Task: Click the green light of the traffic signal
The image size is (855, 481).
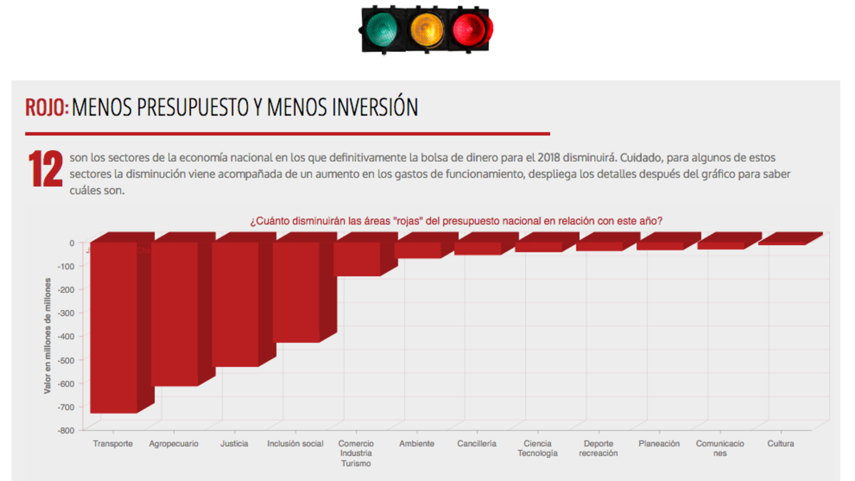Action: pyautogui.click(x=383, y=29)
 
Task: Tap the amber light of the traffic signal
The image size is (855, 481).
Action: pyautogui.click(x=426, y=29)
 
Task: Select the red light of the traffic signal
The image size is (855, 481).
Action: pyautogui.click(x=470, y=29)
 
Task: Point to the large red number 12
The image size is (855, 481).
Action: pyautogui.click(x=45, y=170)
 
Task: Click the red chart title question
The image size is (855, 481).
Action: pyautogui.click(x=456, y=220)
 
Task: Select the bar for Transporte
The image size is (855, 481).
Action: pyautogui.click(x=113, y=327)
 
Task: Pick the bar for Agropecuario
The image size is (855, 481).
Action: pyautogui.click(x=175, y=314)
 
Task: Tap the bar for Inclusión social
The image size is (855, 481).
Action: pyautogui.click(x=296, y=292)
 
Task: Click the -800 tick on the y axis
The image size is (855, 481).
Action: pyautogui.click(x=66, y=430)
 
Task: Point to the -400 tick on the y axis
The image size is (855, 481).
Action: pyautogui.click(x=66, y=336)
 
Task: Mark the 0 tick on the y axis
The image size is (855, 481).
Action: pyautogui.click(x=71, y=243)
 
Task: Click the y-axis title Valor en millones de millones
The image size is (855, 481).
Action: pyautogui.click(x=48, y=335)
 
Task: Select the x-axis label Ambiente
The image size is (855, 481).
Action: pyautogui.click(x=417, y=443)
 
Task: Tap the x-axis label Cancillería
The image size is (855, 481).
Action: pyautogui.click(x=477, y=443)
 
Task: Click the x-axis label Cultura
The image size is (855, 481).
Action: pyautogui.click(x=781, y=443)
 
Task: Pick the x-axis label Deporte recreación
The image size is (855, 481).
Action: pyautogui.click(x=598, y=448)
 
